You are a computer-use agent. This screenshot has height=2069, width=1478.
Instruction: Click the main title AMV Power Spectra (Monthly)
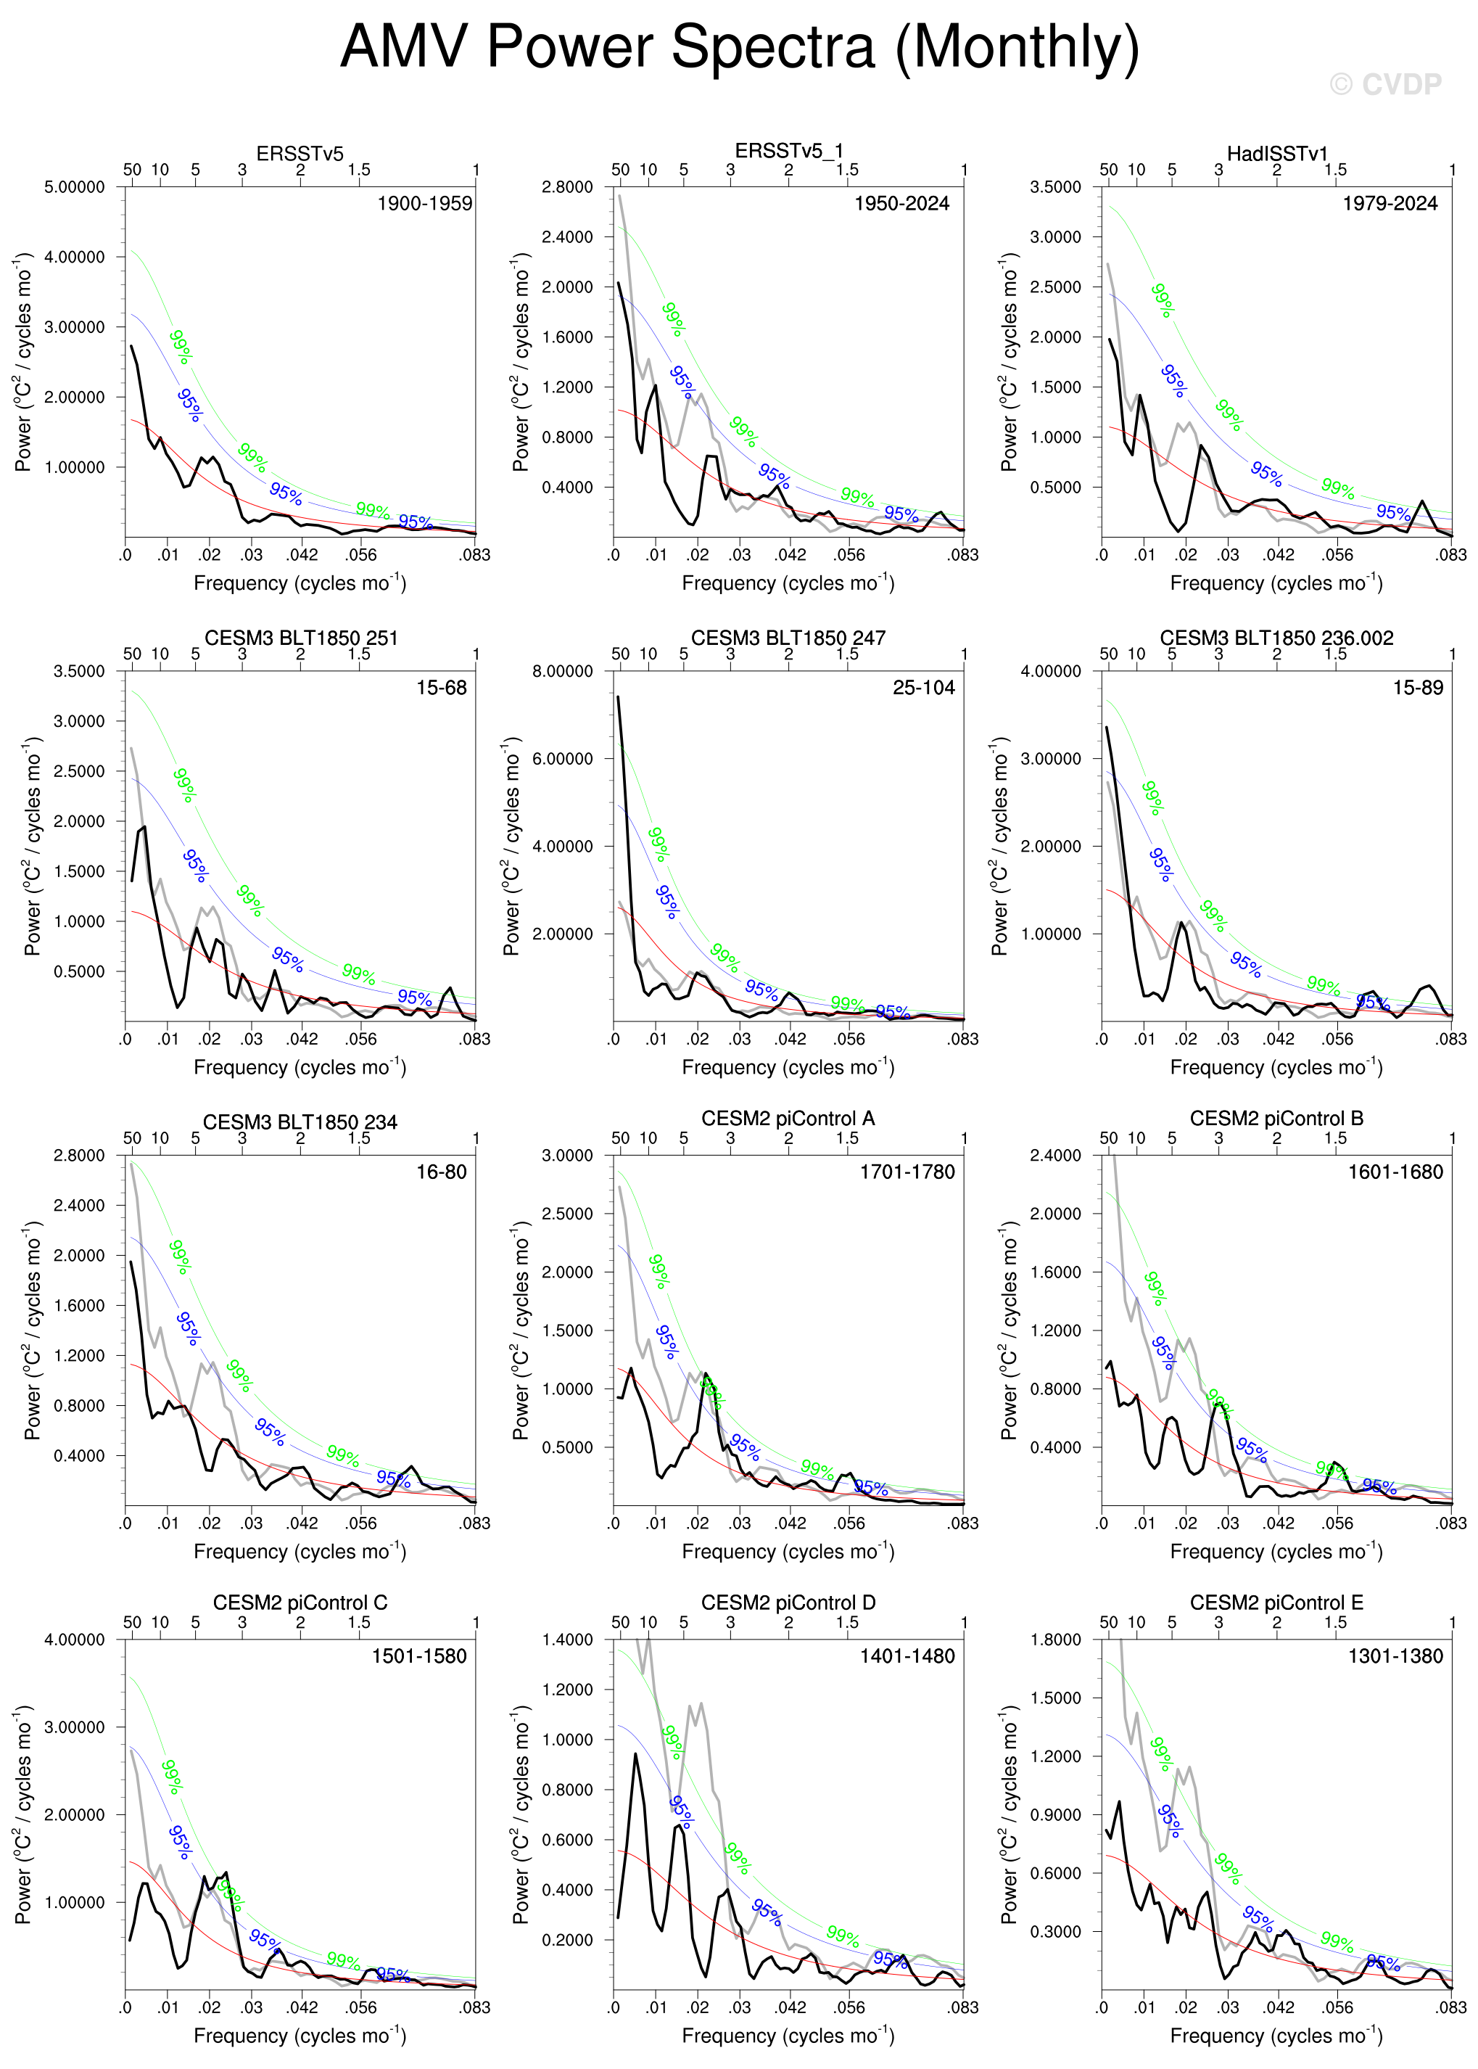point(739,47)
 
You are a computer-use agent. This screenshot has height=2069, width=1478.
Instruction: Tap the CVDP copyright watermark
point(1385,85)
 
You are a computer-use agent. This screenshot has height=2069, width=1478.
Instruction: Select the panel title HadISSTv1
point(1277,153)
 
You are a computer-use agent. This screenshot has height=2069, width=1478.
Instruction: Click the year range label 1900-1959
point(425,203)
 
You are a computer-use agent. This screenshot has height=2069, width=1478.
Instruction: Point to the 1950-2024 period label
point(901,203)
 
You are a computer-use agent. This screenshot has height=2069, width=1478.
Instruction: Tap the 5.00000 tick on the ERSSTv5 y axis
point(75,186)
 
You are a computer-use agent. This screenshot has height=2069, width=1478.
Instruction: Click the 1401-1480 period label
point(907,1655)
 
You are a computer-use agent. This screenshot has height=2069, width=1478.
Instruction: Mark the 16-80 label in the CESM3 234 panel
point(442,1172)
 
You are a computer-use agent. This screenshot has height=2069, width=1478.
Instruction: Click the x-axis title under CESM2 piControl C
point(300,2036)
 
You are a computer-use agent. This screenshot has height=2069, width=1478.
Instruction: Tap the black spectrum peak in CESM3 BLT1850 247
point(619,697)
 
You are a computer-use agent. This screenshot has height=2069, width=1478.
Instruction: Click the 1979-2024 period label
point(1390,203)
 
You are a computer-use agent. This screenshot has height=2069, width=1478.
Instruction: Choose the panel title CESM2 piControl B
point(1277,1118)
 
